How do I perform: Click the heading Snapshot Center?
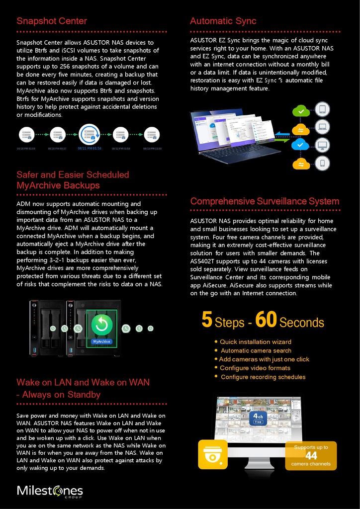click(x=52, y=21)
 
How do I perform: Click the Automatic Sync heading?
click(x=223, y=21)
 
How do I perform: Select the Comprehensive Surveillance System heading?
click(x=265, y=201)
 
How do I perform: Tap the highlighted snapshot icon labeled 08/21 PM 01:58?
click(x=90, y=134)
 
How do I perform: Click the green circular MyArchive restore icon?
click(x=101, y=325)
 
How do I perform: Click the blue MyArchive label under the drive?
click(x=101, y=341)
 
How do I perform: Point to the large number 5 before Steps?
click(x=207, y=320)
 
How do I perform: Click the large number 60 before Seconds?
click(x=266, y=320)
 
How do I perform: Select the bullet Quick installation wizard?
click(x=255, y=342)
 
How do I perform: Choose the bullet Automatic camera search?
click(x=256, y=350)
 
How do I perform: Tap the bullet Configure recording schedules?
click(x=263, y=377)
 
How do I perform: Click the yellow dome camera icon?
click(x=213, y=454)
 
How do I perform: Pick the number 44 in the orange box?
click(x=311, y=456)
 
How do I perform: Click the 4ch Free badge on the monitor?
click(x=258, y=418)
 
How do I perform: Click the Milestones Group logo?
click(x=50, y=491)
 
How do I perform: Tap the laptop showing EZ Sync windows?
click(x=234, y=137)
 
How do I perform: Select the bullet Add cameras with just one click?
click(x=264, y=359)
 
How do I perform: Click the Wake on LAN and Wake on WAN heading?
click(x=83, y=388)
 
